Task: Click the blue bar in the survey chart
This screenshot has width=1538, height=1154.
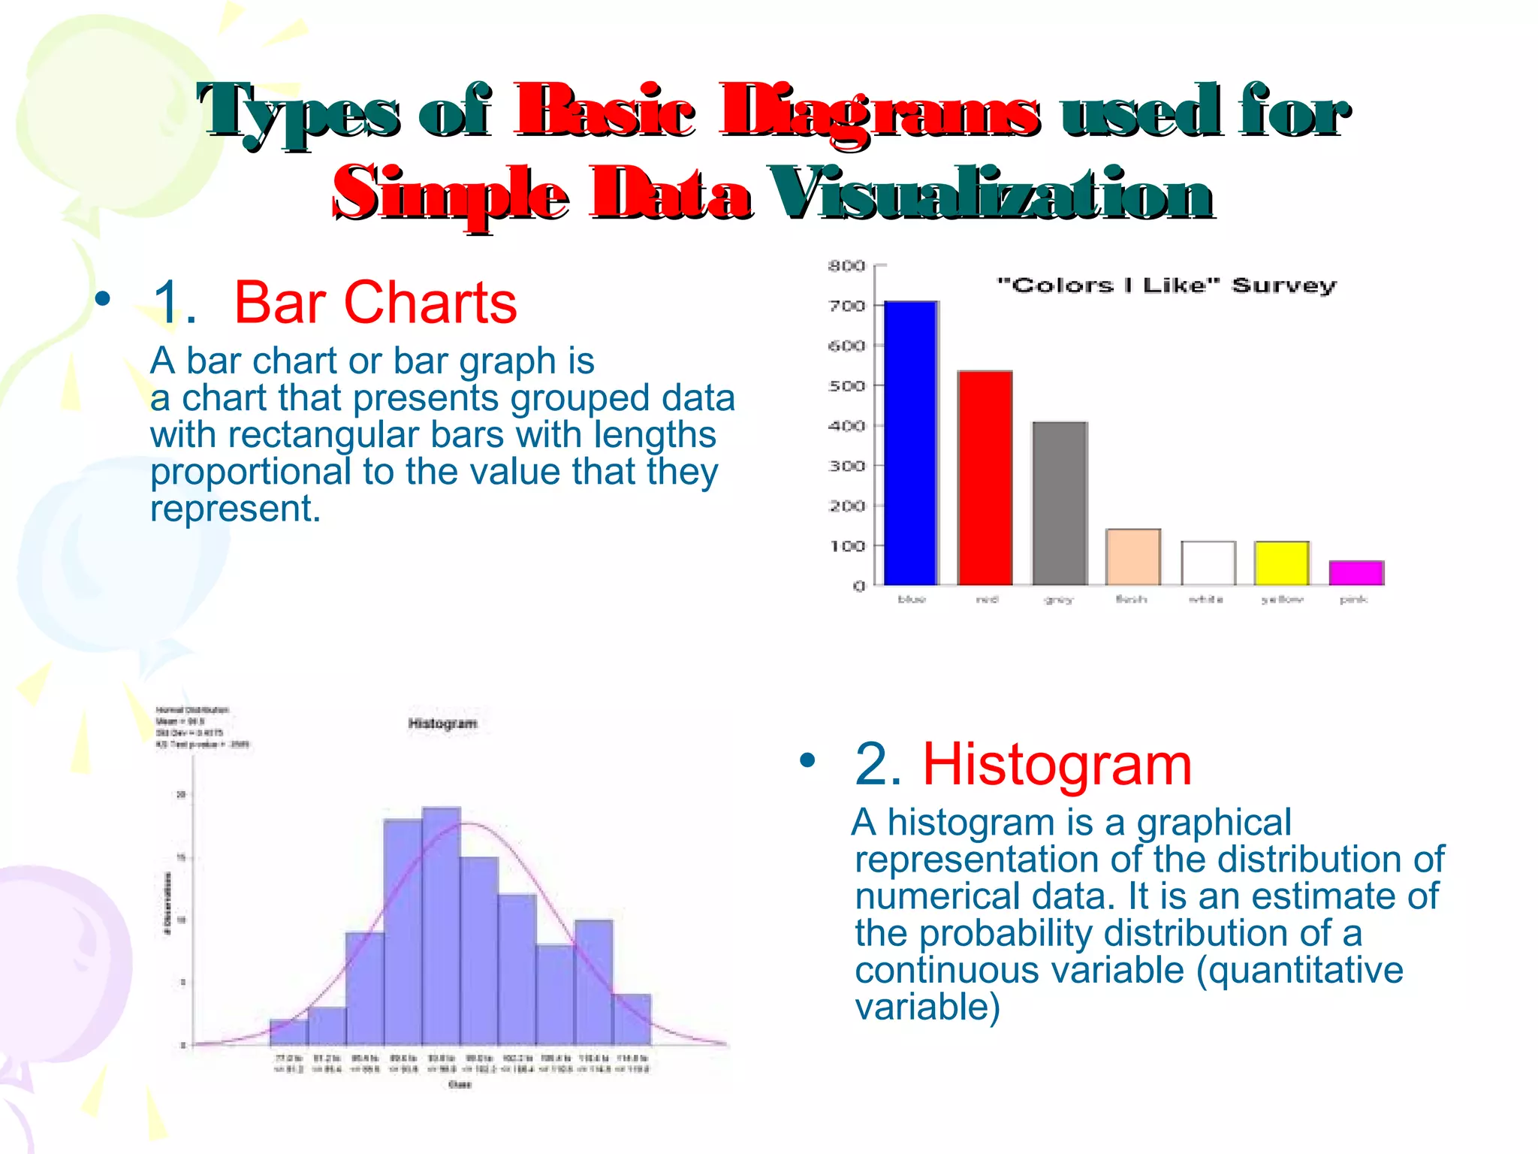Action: click(x=910, y=443)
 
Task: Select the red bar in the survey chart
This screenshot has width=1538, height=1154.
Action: click(x=985, y=478)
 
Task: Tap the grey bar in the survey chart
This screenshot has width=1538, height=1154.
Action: click(x=1059, y=503)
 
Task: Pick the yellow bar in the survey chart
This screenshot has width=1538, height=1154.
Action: click(x=1281, y=563)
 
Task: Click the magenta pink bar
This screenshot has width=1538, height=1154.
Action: click(x=1356, y=573)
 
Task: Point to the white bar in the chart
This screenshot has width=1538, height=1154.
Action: click(x=1208, y=563)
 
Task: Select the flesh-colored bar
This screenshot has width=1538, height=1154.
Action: click(x=1132, y=557)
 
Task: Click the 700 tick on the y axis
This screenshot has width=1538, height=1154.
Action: click(x=846, y=306)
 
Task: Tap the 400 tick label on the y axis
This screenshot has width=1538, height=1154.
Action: click(x=846, y=426)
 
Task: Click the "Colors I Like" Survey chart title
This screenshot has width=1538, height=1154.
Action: click(x=1166, y=285)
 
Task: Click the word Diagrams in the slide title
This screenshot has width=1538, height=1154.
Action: click(x=879, y=113)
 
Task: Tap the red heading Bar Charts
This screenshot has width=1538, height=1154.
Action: click(x=375, y=303)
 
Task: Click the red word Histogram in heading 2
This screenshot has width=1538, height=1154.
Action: click(x=1057, y=765)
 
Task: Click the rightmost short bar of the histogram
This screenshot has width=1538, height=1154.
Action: click(x=632, y=1020)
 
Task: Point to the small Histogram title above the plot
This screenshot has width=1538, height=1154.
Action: click(x=442, y=724)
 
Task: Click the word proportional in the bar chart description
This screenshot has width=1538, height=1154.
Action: click(x=250, y=472)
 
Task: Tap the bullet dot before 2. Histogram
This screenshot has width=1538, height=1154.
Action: click(x=807, y=760)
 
